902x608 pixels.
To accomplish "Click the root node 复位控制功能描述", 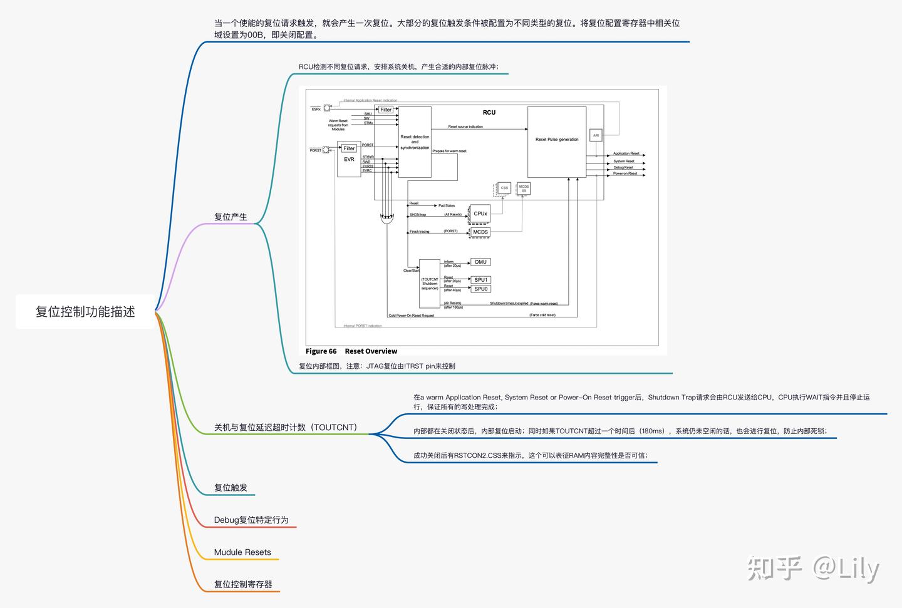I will pos(85,312).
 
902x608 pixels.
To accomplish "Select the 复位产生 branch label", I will pos(231,217).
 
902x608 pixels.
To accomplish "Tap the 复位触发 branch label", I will pos(231,487).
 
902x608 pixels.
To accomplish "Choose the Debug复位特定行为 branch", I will pos(251,520).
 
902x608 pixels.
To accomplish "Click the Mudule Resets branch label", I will pos(242,552).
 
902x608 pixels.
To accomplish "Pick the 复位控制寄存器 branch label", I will pos(243,584).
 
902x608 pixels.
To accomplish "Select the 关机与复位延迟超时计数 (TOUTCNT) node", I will pos(286,427).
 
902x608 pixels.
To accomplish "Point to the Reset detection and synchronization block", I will pos(415,142).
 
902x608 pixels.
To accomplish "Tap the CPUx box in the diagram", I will pos(480,214).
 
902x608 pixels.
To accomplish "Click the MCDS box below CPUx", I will pos(480,232).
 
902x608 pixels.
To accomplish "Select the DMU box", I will pos(480,262).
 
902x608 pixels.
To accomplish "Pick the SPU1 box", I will pos(480,280).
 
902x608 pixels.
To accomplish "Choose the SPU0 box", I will pos(480,289).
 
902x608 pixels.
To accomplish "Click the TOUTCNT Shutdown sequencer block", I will pos(430,283).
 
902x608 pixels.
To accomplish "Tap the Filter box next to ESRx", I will pos(386,110).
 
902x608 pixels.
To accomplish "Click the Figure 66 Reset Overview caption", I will pos(351,351).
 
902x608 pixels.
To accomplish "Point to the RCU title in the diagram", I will pos(489,113).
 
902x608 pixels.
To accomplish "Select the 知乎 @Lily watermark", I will pos(813,569).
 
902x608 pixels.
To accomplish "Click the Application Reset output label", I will pos(626,153).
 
